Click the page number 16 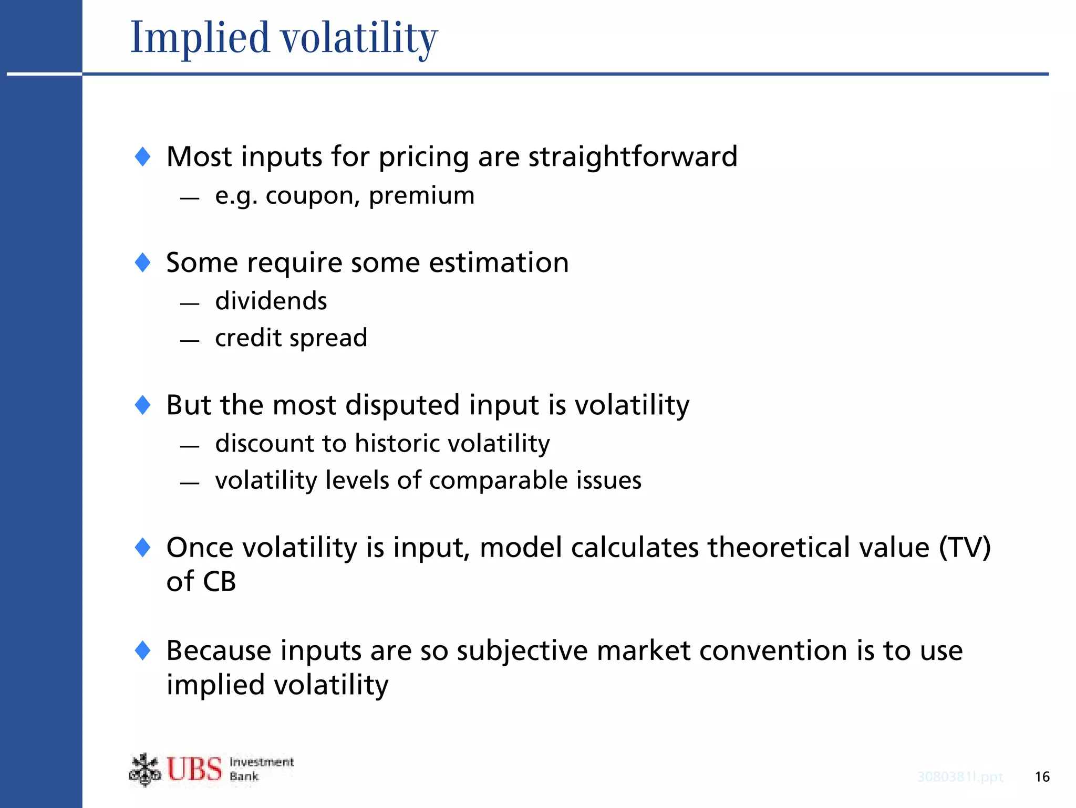pyautogui.click(x=1042, y=776)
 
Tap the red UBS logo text pyautogui.click(x=194, y=769)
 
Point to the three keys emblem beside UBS pyautogui.click(x=144, y=770)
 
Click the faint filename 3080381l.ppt pyautogui.click(x=960, y=776)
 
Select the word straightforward pyautogui.click(x=633, y=156)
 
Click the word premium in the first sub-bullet pyautogui.click(x=421, y=195)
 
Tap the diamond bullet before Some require pyautogui.click(x=143, y=262)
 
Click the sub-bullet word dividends pyautogui.click(x=271, y=301)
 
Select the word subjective pyautogui.click(x=522, y=651)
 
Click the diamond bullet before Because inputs pyautogui.click(x=143, y=650)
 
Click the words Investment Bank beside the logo pyautogui.click(x=261, y=769)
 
